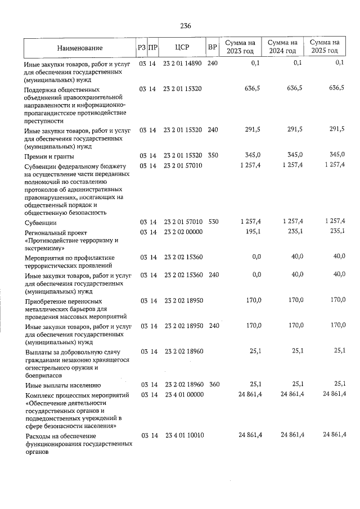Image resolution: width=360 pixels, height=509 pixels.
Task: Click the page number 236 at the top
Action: tap(186, 25)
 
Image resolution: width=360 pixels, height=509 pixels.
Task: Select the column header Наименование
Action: tap(79, 47)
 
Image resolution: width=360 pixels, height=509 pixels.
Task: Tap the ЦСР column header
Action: tap(182, 47)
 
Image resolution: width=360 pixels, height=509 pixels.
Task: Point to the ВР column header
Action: tap(213, 47)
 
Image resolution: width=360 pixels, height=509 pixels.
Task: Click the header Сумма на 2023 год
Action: tap(241, 47)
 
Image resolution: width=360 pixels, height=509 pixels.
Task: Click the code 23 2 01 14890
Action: tap(182, 63)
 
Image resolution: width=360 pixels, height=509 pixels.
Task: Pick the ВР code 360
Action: tap(213, 385)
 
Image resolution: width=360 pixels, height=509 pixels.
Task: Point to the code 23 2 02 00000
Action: tap(182, 231)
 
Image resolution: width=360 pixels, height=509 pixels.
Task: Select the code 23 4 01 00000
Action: tap(182, 395)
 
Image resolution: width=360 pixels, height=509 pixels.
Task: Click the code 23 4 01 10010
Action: tap(182, 435)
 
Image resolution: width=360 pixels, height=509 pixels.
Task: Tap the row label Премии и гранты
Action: tap(50, 156)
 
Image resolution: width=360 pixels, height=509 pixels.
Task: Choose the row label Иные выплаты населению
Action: tap(63, 385)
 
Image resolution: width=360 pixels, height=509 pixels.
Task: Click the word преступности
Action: tap(44, 120)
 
